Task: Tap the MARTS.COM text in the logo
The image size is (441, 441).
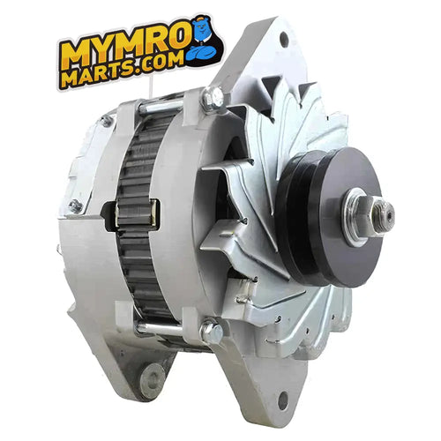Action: [123, 73]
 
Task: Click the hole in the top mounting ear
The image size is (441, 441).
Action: [282, 41]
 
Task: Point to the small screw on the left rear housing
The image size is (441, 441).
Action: [75, 205]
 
